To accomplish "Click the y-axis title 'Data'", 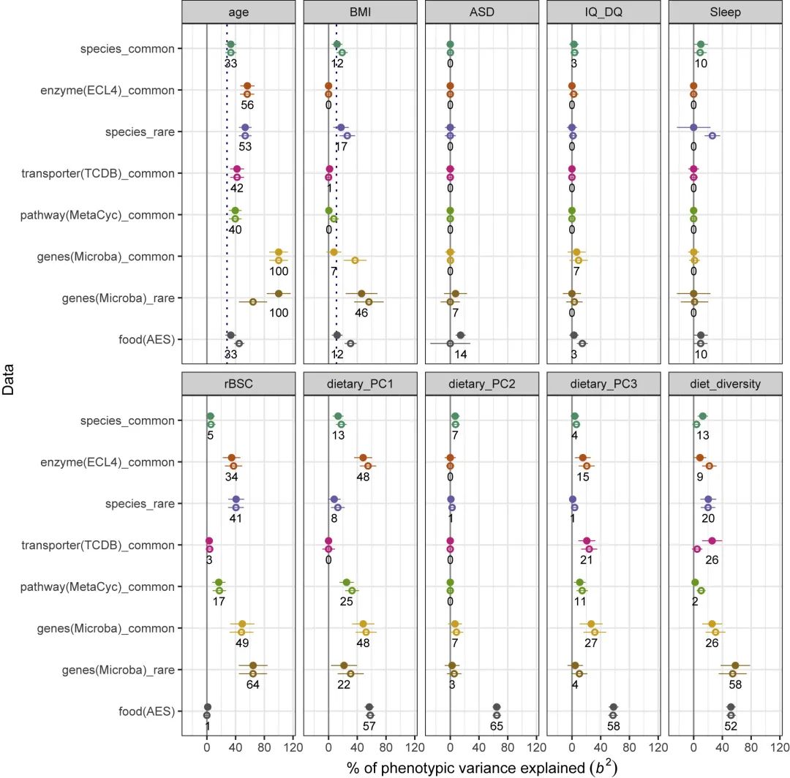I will (x=9, y=381).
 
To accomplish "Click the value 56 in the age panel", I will (x=247, y=105).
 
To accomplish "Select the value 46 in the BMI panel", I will (x=361, y=313).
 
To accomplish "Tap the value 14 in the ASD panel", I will (x=460, y=355).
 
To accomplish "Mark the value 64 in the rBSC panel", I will (x=253, y=685).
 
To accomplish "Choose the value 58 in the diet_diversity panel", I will (x=735, y=685).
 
